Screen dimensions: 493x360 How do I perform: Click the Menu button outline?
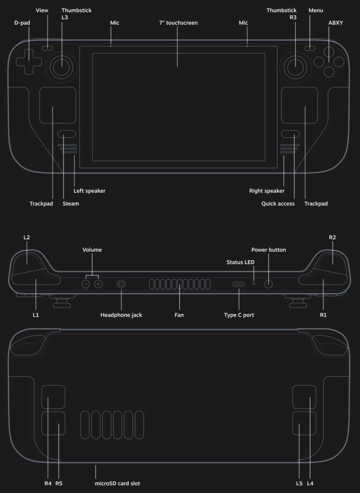[x=310, y=48]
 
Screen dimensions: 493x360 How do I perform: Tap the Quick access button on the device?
[x=290, y=134]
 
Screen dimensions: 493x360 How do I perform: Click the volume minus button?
[x=86, y=284]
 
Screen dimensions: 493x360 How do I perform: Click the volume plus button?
[x=98, y=284]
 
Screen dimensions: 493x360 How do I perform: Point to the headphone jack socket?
[x=121, y=284]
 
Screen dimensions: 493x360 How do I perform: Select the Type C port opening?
[x=239, y=284]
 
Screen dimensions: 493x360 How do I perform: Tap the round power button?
[x=268, y=284]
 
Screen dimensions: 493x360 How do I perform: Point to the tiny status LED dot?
[x=254, y=284]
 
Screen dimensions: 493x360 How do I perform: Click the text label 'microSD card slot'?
[x=117, y=484]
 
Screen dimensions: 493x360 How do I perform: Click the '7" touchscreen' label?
[x=178, y=23]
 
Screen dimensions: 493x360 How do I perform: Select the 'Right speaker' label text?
[x=267, y=191]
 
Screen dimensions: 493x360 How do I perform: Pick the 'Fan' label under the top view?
[x=179, y=315]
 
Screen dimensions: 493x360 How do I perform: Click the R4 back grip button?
[x=53, y=397]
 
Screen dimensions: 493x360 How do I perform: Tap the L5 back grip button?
[x=304, y=424]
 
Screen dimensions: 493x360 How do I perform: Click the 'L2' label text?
[x=26, y=237]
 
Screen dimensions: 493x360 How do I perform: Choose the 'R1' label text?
[x=323, y=315]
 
